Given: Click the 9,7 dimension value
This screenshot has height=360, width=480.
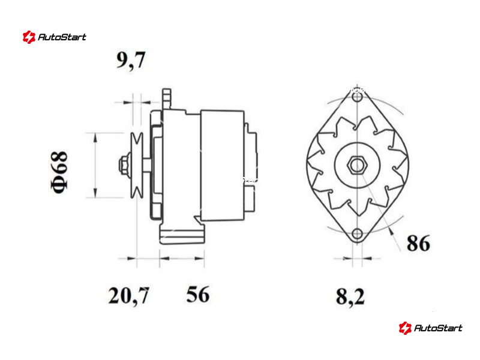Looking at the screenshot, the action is pyautogui.click(x=131, y=61).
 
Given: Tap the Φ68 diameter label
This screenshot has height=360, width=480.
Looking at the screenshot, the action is pyautogui.click(x=59, y=172).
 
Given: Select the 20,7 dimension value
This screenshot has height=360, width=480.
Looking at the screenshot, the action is pyautogui.click(x=128, y=295).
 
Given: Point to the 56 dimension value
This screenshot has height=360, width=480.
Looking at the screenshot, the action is pyautogui.click(x=198, y=294).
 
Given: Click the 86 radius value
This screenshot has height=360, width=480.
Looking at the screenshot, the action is pyautogui.click(x=418, y=243).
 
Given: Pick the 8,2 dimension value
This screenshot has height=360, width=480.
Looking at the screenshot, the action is pyautogui.click(x=350, y=296).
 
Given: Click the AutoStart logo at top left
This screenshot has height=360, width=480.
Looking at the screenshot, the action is pyautogui.click(x=55, y=37).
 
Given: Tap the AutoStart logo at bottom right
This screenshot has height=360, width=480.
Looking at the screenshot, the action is pyautogui.click(x=430, y=328).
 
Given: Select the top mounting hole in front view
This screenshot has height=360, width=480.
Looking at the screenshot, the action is pyautogui.click(x=357, y=98).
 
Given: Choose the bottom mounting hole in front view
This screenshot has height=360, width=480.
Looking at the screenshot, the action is pyautogui.click(x=357, y=234).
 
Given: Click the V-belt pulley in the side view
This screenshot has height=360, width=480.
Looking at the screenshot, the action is pyautogui.click(x=137, y=166).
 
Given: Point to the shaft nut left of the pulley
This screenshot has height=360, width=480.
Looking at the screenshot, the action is pyautogui.click(x=124, y=166).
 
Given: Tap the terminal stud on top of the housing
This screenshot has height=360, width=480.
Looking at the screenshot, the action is pyautogui.click(x=167, y=98).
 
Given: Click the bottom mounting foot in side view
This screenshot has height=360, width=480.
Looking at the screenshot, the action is pyautogui.click(x=182, y=234).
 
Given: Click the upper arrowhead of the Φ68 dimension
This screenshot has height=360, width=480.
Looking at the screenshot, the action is pyautogui.click(x=96, y=138).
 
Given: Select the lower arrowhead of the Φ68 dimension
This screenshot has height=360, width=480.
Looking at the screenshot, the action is pyautogui.click(x=96, y=193).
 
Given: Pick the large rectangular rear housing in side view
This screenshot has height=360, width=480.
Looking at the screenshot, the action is pyautogui.click(x=223, y=166).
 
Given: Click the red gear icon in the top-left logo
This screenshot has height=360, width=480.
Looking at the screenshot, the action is pyautogui.click(x=29, y=37).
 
